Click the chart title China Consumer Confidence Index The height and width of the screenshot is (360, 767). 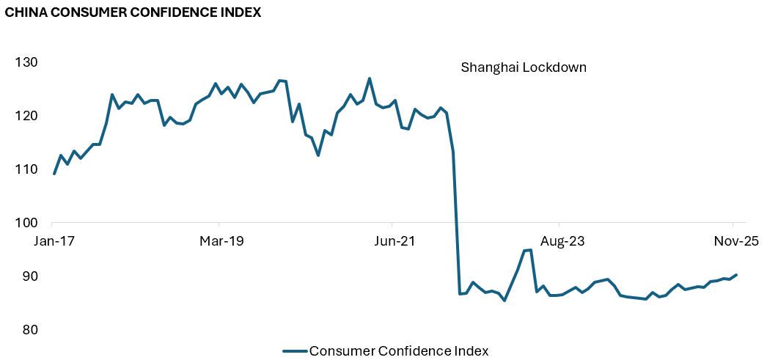point(133,12)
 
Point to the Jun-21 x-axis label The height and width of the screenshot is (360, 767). point(393,240)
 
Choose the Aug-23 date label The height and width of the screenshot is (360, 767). point(560,240)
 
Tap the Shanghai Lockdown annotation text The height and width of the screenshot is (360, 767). point(524,67)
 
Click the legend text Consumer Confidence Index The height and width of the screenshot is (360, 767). point(399,350)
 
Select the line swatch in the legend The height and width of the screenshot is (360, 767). point(295,350)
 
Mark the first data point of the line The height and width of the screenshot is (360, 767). point(54,174)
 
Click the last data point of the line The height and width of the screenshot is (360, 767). point(736,275)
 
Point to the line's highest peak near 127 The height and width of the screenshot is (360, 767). point(369,78)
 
